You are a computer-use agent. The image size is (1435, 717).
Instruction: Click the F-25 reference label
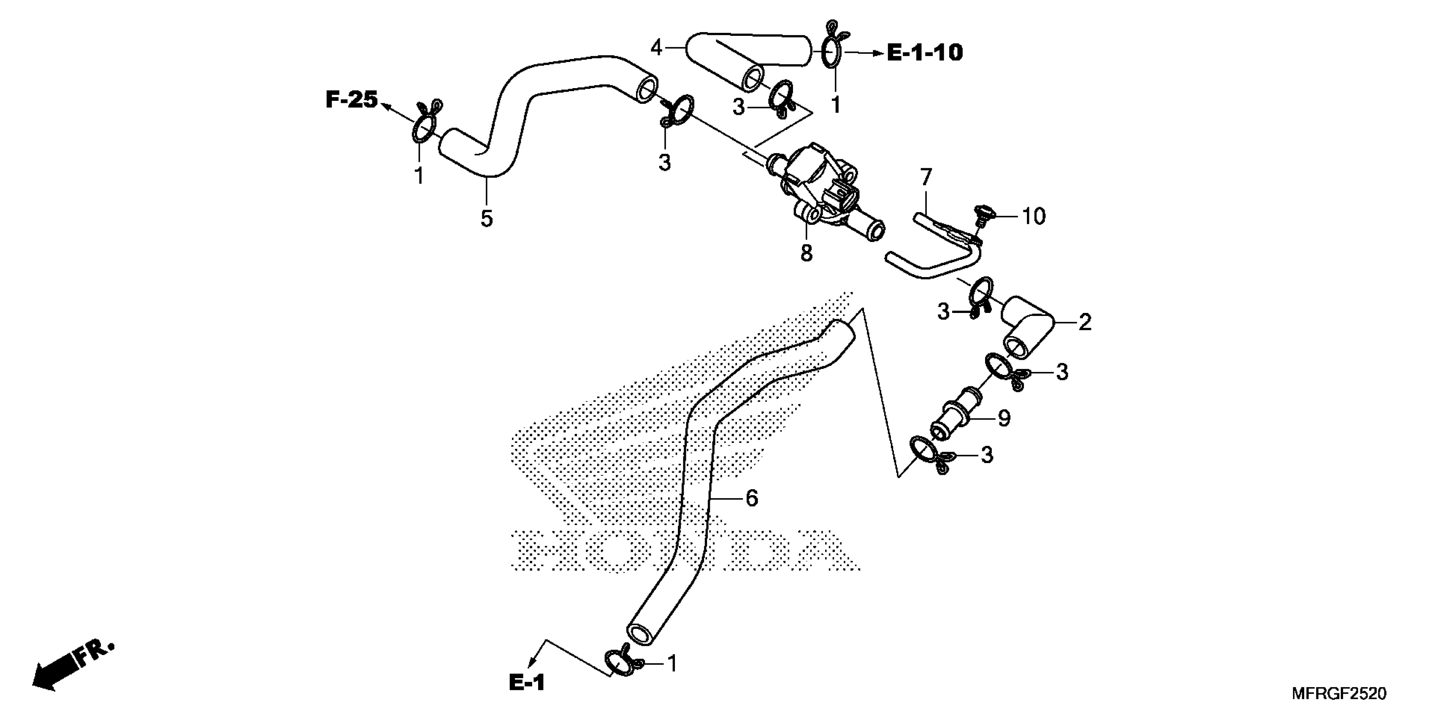click(x=352, y=100)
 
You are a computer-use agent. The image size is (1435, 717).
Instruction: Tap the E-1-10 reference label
click(x=924, y=53)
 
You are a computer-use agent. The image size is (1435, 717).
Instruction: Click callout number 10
click(x=1033, y=216)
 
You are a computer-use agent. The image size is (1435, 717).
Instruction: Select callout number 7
click(x=925, y=178)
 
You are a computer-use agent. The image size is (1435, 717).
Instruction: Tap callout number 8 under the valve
click(x=806, y=253)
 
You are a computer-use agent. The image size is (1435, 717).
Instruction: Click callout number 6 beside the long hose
click(x=752, y=498)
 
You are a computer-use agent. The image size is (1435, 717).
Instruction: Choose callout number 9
click(x=1004, y=418)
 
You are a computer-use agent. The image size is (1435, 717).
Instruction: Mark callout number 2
click(x=1085, y=322)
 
